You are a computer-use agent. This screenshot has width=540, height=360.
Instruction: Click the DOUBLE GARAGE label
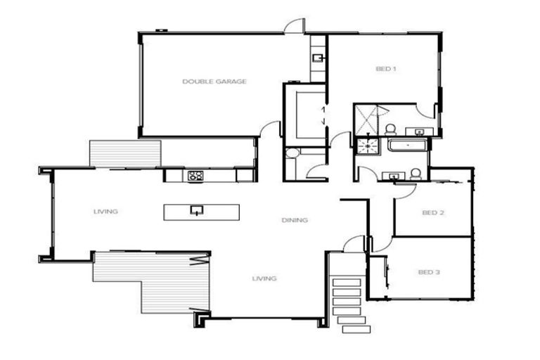pyautogui.click(x=214, y=82)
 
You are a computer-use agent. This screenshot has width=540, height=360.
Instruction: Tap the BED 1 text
pyautogui.click(x=386, y=69)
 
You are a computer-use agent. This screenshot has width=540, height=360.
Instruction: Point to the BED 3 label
pyautogui.click(x=428, y=272)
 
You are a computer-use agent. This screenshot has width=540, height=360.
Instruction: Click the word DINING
pyautogui.click(x=295, y=220)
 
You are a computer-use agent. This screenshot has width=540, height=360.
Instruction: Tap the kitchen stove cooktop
pyautogui.click(x=195, y=176)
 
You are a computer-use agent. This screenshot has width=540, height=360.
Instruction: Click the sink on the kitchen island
pyautogui.click(x=197, y=210)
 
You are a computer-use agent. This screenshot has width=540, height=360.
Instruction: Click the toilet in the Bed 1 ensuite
pyautogui.click(x=390, y=129)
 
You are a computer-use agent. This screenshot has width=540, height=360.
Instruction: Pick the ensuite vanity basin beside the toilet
pyautogui.click(x=420, y=131)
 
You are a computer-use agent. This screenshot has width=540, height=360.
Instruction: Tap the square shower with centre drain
pyautogui.click(x=366, y=146)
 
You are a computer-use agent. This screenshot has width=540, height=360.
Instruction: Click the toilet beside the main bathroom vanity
pyautogui.click(x=416, y=173)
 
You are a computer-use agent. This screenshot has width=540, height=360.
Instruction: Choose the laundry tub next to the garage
pyautogui.click(x=318, y=58)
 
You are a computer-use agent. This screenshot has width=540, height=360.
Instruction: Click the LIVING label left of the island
pyautogui.click(x=105, y=211)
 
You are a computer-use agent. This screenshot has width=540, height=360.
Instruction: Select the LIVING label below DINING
pyautogui.click(x=264, y=278)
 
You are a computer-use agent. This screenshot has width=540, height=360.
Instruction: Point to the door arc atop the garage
pyautogui.click(x=294, y=26)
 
